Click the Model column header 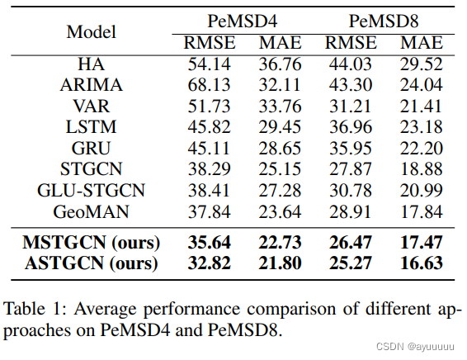pos(91,32)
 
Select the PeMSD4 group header pos(238,19)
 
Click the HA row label pos(91,63)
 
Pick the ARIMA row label pos(91,84)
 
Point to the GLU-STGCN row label pos(91,190)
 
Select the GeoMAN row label pos(91,211)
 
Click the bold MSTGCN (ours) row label pos(91,243)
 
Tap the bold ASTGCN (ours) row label pos(91,264)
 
